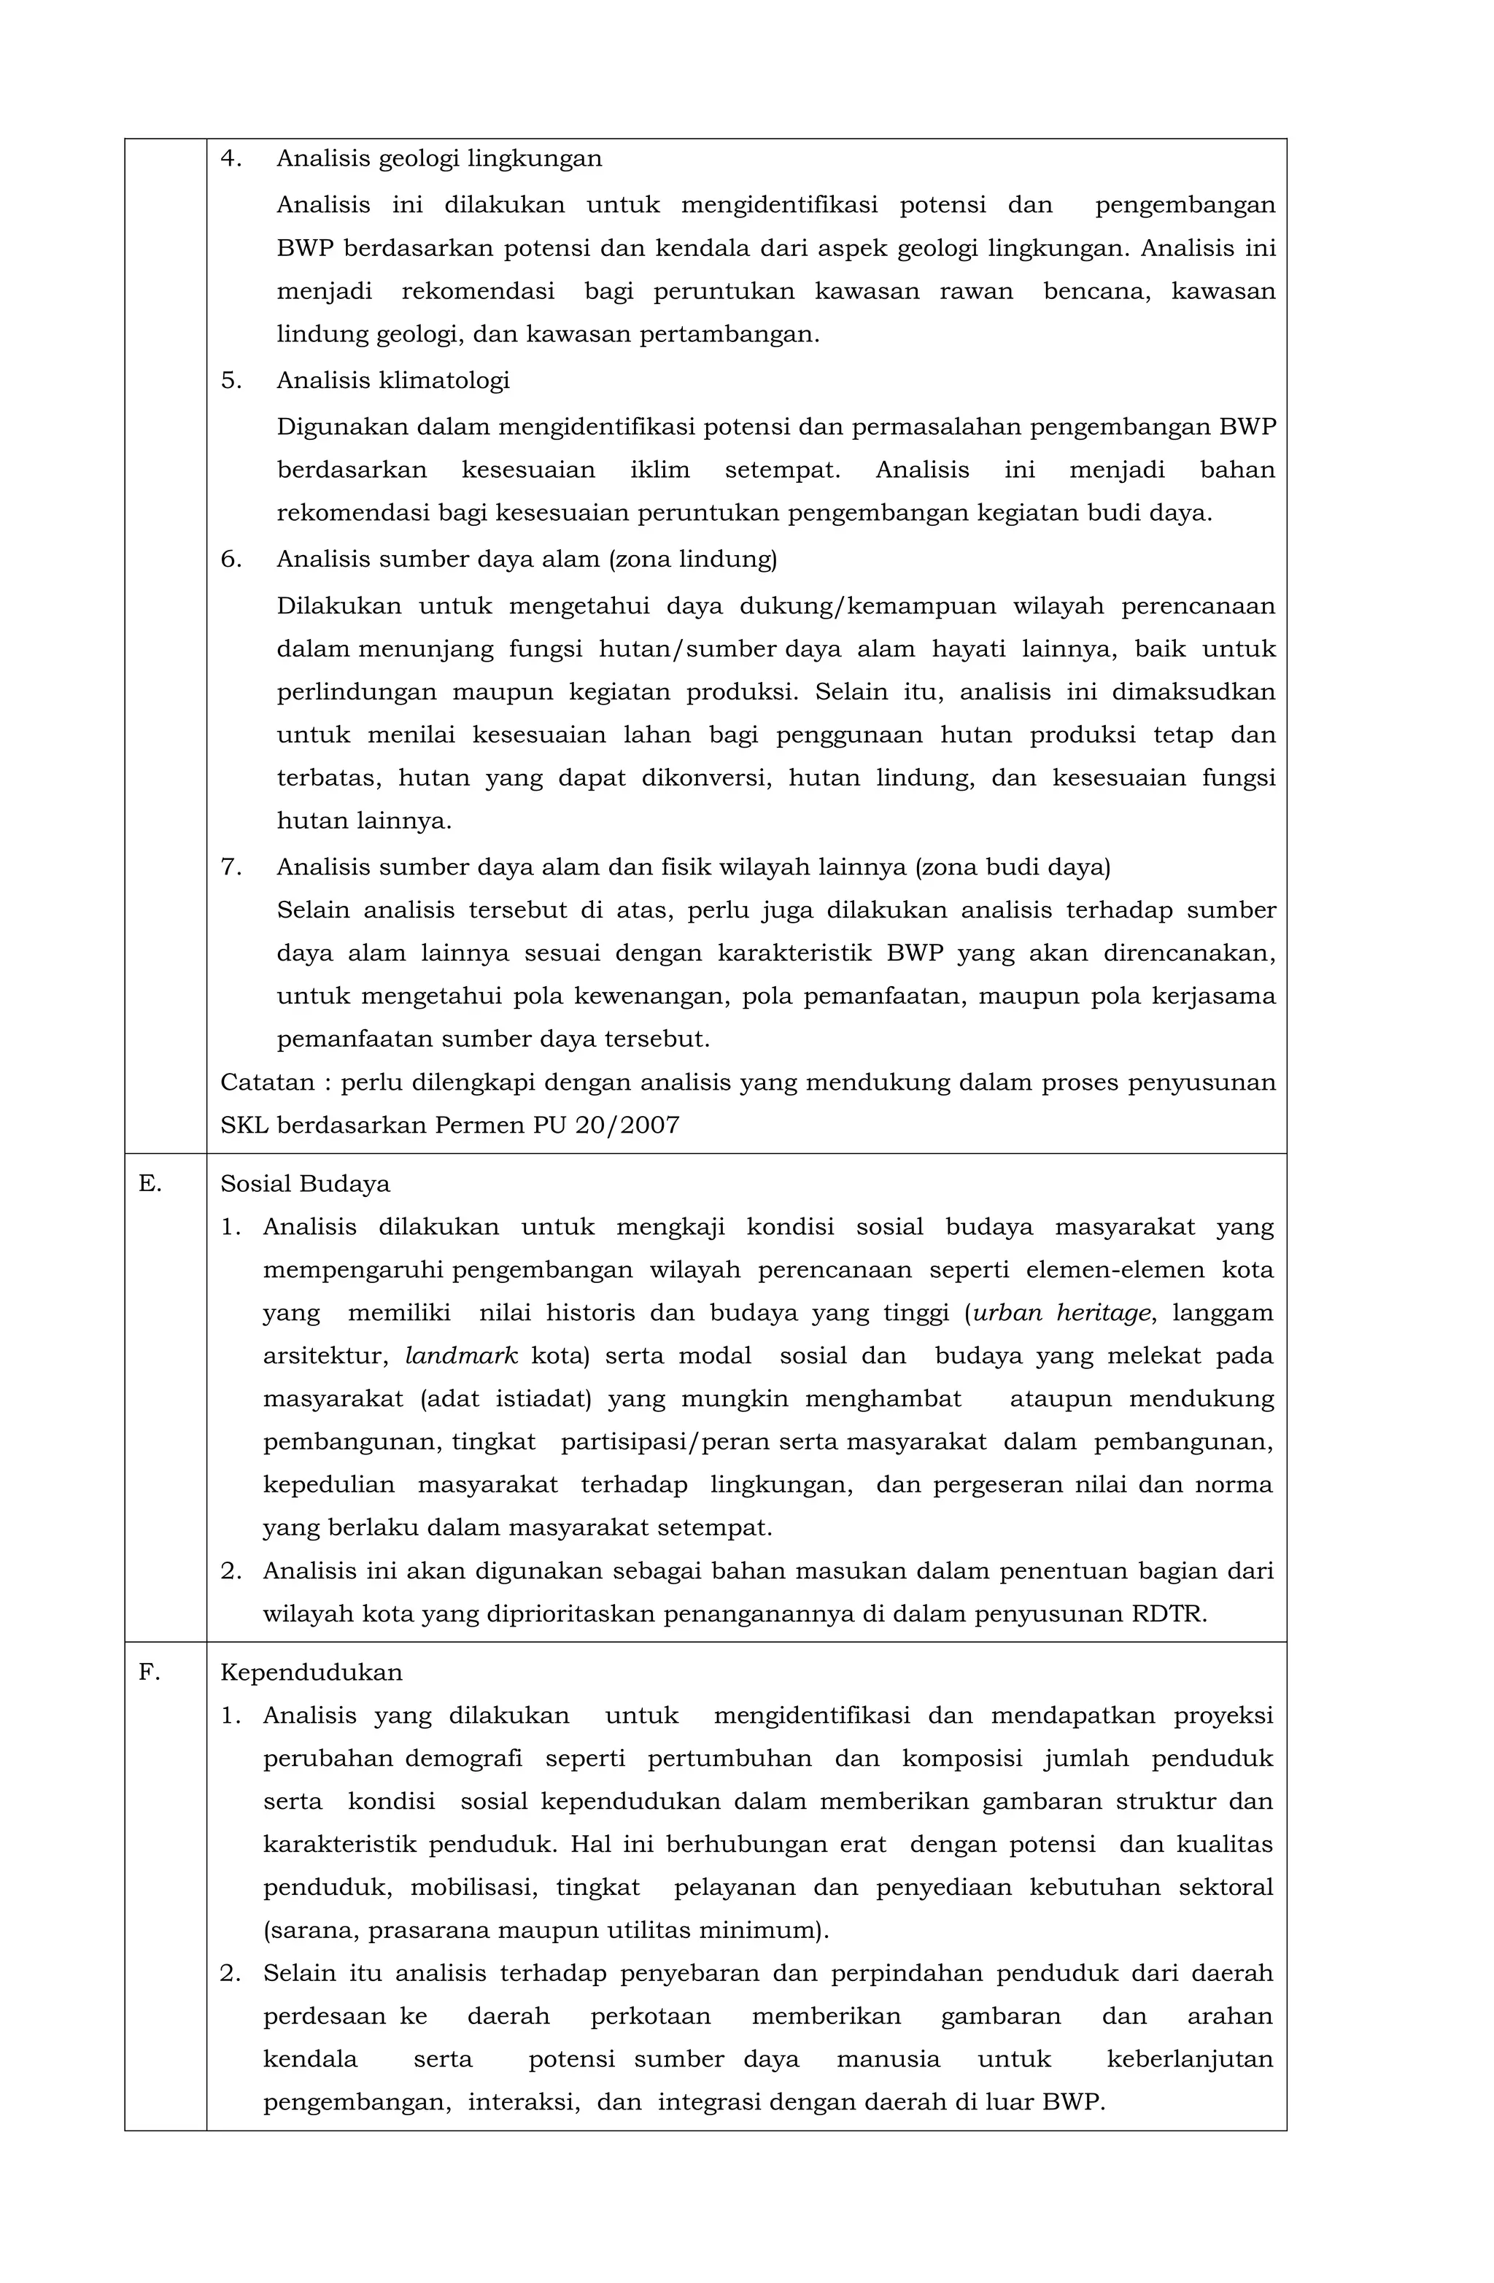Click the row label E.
tap(149, 1184)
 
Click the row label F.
tap(149, 1672)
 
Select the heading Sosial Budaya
tap(305, 1184)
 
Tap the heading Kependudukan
tap(311, 1672)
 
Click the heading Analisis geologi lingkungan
tap(438, 158)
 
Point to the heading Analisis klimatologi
tap(392, 381)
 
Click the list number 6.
tap(231, 559)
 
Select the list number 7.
tap(231, 867)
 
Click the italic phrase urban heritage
tap(1060, 1313)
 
